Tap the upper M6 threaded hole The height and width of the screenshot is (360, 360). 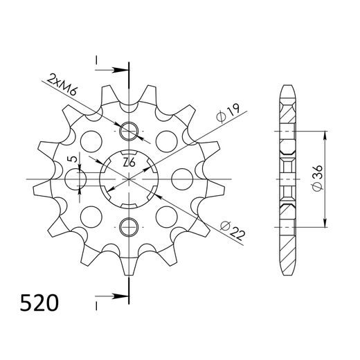[129, 132]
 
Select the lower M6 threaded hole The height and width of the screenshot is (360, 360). [129, 226]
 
